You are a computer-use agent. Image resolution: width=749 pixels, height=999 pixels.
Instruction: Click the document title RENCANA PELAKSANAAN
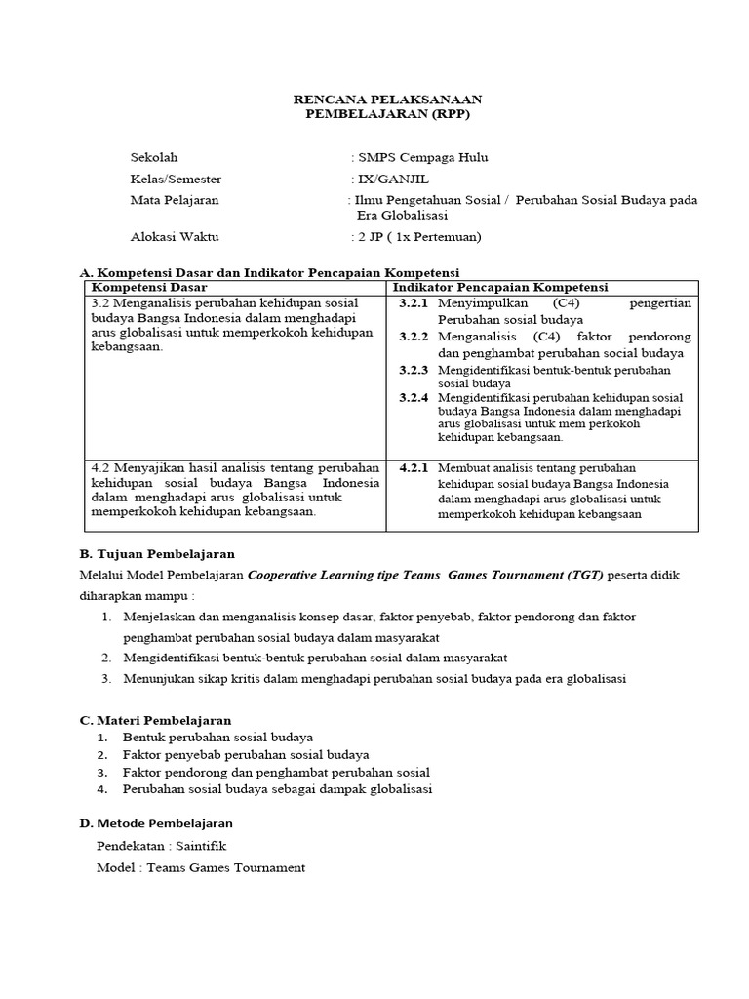pos(388,100)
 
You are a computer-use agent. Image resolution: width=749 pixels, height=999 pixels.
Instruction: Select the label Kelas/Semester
pos(177,179)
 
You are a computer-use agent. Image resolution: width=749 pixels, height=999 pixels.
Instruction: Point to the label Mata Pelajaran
pos(175,200)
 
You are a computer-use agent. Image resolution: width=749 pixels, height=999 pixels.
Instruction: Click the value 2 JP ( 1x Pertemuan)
pos(418,236)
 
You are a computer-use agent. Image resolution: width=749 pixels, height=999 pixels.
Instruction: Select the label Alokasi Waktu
pos(175,236)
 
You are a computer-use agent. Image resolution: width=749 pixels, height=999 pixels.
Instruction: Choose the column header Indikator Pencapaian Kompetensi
pos(500,287)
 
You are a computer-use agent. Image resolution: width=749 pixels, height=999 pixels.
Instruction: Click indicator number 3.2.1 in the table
pos(414,304)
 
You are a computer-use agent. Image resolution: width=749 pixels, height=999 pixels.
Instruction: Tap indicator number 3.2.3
pos(414,371)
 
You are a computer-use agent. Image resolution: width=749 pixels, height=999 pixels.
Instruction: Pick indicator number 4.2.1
pos(414,467)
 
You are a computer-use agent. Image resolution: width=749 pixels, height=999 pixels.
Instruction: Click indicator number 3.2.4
pos(414,398)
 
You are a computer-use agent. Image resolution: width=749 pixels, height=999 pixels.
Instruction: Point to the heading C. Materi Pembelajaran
pos(155,720)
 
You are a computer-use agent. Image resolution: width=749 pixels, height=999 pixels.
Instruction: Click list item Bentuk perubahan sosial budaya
pos(217,737)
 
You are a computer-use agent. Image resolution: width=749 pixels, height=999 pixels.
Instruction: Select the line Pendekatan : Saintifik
pos(161,846)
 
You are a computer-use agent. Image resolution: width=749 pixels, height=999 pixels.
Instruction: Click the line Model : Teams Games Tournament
pos(201,867)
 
